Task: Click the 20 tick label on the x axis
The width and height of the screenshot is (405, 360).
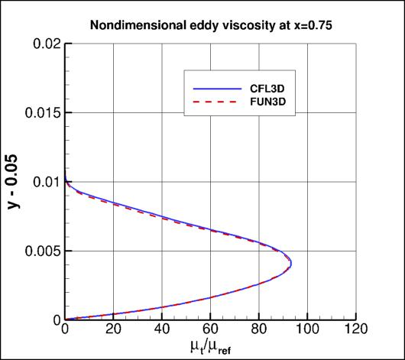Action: click(x=113, y=331)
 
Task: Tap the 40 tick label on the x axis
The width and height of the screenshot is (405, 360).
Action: click(x=162, y=331)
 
